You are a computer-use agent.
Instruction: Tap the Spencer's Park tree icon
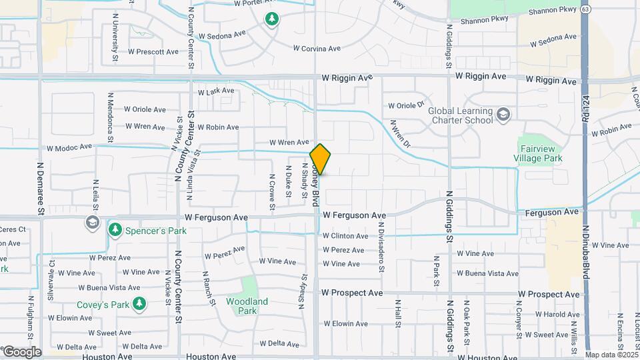tap(115, 230)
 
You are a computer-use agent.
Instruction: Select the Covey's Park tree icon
tap(139, 305)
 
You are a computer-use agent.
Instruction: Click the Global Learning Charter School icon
tap(503, 115)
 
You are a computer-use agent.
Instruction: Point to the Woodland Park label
tap(247, 306)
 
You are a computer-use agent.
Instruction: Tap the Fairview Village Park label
tap(540, 153)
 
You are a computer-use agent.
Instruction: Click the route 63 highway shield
tap(585, 10)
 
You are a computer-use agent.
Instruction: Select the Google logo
tap(21, 352)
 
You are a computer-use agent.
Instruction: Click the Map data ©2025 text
tap(611, 355)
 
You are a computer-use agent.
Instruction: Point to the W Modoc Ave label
tap(69, 148)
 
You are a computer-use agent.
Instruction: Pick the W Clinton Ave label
tap(345, 236)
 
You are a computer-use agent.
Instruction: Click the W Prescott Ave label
tap(155, 52)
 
